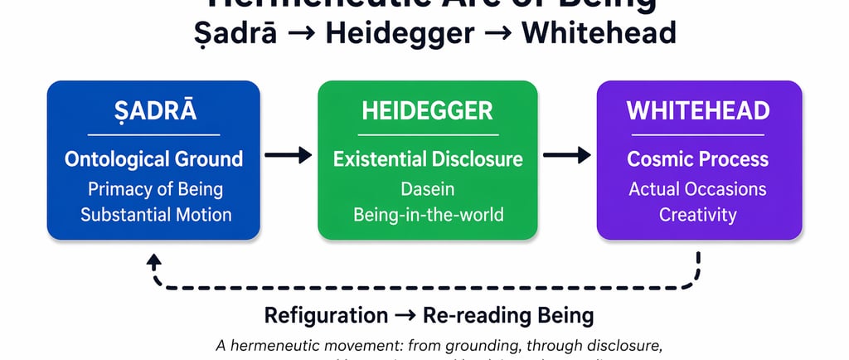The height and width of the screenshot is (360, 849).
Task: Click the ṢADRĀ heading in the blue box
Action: [x=153, y=111]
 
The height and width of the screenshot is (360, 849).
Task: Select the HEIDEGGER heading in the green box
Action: [x=427, y=111]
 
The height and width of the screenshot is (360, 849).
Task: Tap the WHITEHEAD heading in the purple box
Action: [x=698, y=111]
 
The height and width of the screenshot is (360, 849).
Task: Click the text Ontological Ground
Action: [x=153, y=159]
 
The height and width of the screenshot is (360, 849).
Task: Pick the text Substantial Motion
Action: [x=156, y=214]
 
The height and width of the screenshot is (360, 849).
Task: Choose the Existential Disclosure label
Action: [x=428, y=159]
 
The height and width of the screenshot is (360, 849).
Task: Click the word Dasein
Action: [x=428, y=188]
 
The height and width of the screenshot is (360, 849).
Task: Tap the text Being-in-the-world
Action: [x=428, y=214]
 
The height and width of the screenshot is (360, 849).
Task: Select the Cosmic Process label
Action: [x=698, y=159]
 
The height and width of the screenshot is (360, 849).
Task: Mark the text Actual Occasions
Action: [x=698, y=188]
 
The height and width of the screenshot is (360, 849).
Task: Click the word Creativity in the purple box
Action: [x=698, y=214]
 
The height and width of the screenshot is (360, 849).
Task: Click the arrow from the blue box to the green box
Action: [x=288, y=154]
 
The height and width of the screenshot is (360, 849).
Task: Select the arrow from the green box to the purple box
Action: [x=566, y=154]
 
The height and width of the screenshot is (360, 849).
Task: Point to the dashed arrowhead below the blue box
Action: [x=154, y=260]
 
